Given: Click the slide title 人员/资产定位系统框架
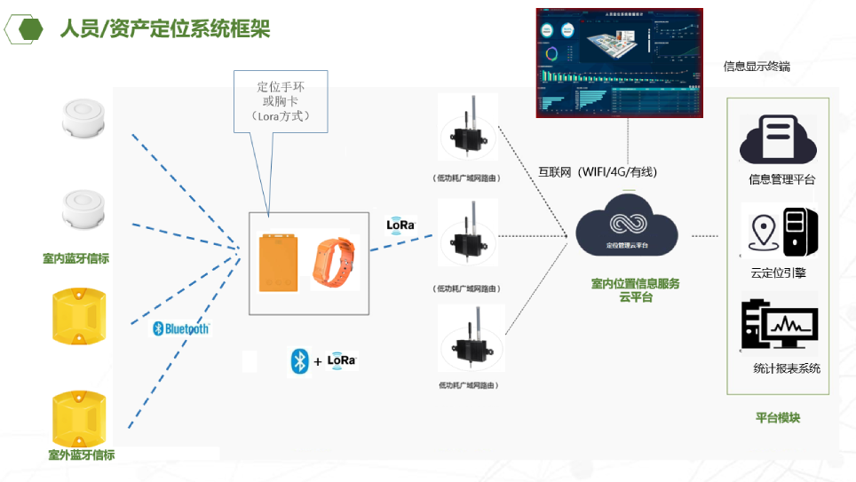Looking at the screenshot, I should (x=164, y=30).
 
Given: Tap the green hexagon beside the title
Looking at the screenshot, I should (x=32, y=29).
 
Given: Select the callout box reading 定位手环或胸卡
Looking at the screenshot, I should (x=281, y=102).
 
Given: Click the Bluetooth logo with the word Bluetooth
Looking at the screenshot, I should (x=181, y=328).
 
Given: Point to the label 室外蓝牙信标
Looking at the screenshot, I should (x=82, y=454).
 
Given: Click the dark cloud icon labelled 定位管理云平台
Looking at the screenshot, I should (x=627, y=227).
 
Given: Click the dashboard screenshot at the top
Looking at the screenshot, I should (x=620, y=63).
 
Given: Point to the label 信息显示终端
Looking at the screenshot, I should (x=757, y=67).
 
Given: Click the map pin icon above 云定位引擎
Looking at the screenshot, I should (x=763, y=232).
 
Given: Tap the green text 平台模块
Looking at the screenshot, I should (x=778, y=417).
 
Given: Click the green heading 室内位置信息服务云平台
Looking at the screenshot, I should (x=636, y=290).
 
